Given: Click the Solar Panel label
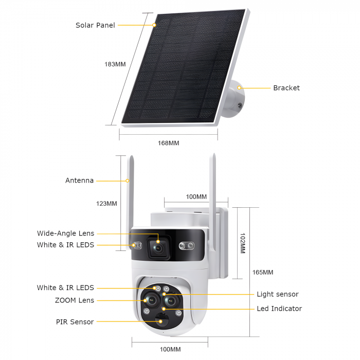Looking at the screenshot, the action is (x=95, y=25).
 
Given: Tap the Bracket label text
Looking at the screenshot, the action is (x=286, y=88).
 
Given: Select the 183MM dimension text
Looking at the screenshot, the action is (x=115, y=64).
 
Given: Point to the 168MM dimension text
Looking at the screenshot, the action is (x=168, y=143).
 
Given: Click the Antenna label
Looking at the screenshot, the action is (x=79, y=181).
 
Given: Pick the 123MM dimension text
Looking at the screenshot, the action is (x=106, y=204).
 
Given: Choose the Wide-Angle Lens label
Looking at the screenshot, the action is (x=66, y=233).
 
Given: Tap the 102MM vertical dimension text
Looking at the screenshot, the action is (x=243, y=243).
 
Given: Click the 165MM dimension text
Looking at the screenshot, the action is (x=263, y=272).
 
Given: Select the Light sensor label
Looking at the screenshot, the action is (x=278, y=294).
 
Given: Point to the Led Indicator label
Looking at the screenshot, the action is (x=279, y=309).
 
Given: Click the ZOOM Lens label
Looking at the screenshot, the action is (x=75, y=300).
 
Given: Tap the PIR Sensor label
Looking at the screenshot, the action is (x=75, y=322).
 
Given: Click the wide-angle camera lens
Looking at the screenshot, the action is (x=158, y=248).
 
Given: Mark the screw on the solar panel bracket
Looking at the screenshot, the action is (x=240, y=105).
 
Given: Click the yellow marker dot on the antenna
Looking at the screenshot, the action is (x=128, y=181).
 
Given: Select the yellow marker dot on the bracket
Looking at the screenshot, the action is (x=239, y=88).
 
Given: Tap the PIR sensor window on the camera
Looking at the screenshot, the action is (x=161, y=319).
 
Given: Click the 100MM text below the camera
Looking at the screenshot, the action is (x=170, y=349).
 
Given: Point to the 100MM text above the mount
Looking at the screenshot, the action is (x=196, y=197).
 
